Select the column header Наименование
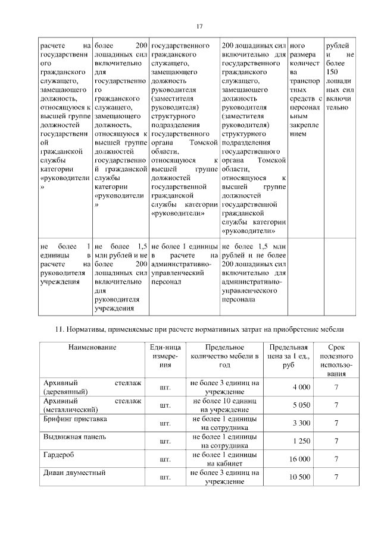pyautogui.click(x=92, y=347)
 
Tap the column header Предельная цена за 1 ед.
pyautogui.click(x=288, y=356)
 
